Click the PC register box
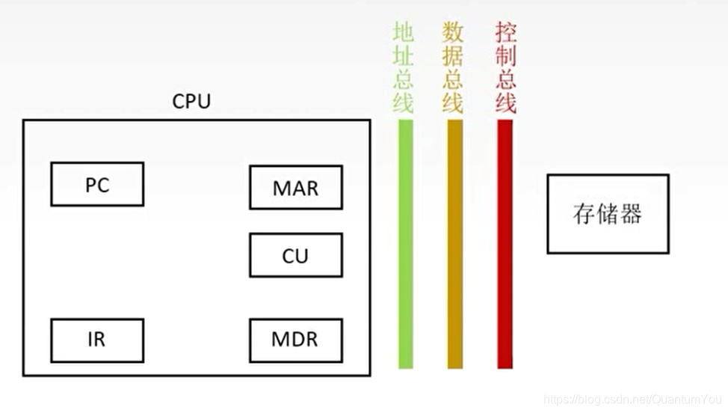pyautogui.click(x=97, y=184)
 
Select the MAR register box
pyautogui.click(x=295, y=187)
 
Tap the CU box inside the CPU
pyautogui.click(x=295, y=255)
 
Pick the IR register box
pyautogui.click(x=97, y=340)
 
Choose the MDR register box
pyautogui.click(x=295, y=340)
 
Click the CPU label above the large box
pyautogui.click(x=191, y=102)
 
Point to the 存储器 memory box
pyautogui.click(x=608, y=214)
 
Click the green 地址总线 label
pyautogui.click(x=404, y=67)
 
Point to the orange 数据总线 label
pyautogui.click(x=453, y=67)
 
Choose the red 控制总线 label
pyautogui.click(x=506, y=67)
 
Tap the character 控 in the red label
pyautogui.click(x=506, y=32)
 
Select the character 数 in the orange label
pyautogui.click(x=453, y=32)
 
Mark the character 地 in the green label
pyautogui.click(x=404, y=32)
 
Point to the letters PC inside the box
pyautogui.click(x=97, y=185)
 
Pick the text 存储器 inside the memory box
pyautogui.click(x=608, y=215)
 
